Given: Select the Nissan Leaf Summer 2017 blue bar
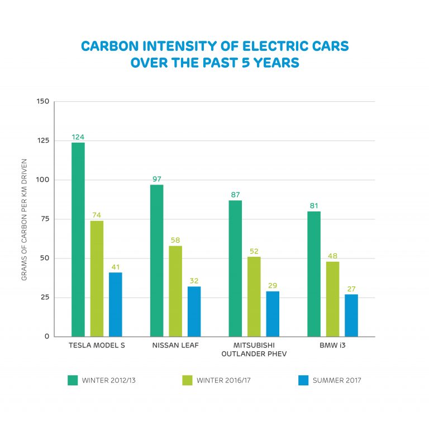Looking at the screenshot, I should pos(194,312).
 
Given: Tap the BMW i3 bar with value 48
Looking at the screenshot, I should pos(332,299).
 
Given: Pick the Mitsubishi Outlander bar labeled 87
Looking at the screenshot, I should pos(235,268).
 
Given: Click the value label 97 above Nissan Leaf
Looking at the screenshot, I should pos(156,180).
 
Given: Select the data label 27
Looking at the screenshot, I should pos(351,289).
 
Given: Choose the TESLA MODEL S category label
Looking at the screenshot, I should pos(97,345).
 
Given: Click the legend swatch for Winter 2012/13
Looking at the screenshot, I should pos(73,380).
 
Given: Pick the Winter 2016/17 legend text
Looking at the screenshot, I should pos(222,380).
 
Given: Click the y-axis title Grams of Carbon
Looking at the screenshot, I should pos(25,219).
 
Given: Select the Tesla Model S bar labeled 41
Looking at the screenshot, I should pos(116,304).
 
